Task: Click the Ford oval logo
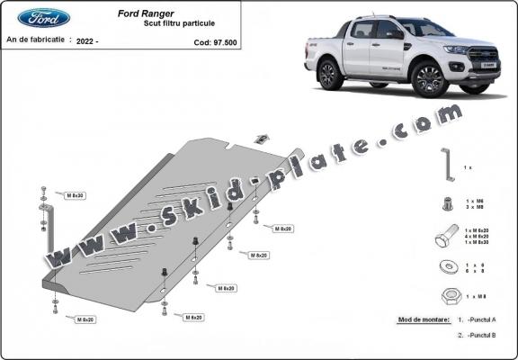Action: point(43,18)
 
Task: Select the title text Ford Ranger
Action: point(167,13)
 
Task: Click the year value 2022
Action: point(87,41)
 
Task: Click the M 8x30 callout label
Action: point(75,194)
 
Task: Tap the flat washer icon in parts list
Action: point(447,267)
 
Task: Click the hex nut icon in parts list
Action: point(447,296)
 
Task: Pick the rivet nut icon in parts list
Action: point(447,203)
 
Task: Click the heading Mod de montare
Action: point(423,319)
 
